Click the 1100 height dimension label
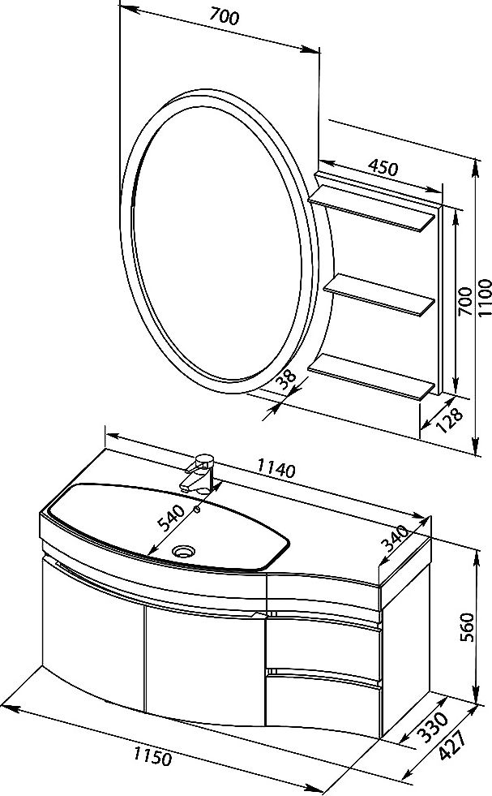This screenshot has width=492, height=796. [485, 298]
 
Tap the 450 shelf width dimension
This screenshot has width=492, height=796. [383, 168]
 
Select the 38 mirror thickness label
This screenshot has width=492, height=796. [288, 380]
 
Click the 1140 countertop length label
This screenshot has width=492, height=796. [276, 467]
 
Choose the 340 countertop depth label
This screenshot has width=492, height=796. [395, 539]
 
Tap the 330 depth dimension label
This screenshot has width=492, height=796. [433, 727]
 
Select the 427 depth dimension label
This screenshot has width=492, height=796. [452, 745]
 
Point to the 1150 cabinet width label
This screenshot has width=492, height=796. [152, 757]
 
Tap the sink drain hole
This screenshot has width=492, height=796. [183, 550]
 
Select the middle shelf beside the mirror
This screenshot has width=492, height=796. [380, 296]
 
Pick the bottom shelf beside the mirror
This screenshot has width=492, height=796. [373, 376]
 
